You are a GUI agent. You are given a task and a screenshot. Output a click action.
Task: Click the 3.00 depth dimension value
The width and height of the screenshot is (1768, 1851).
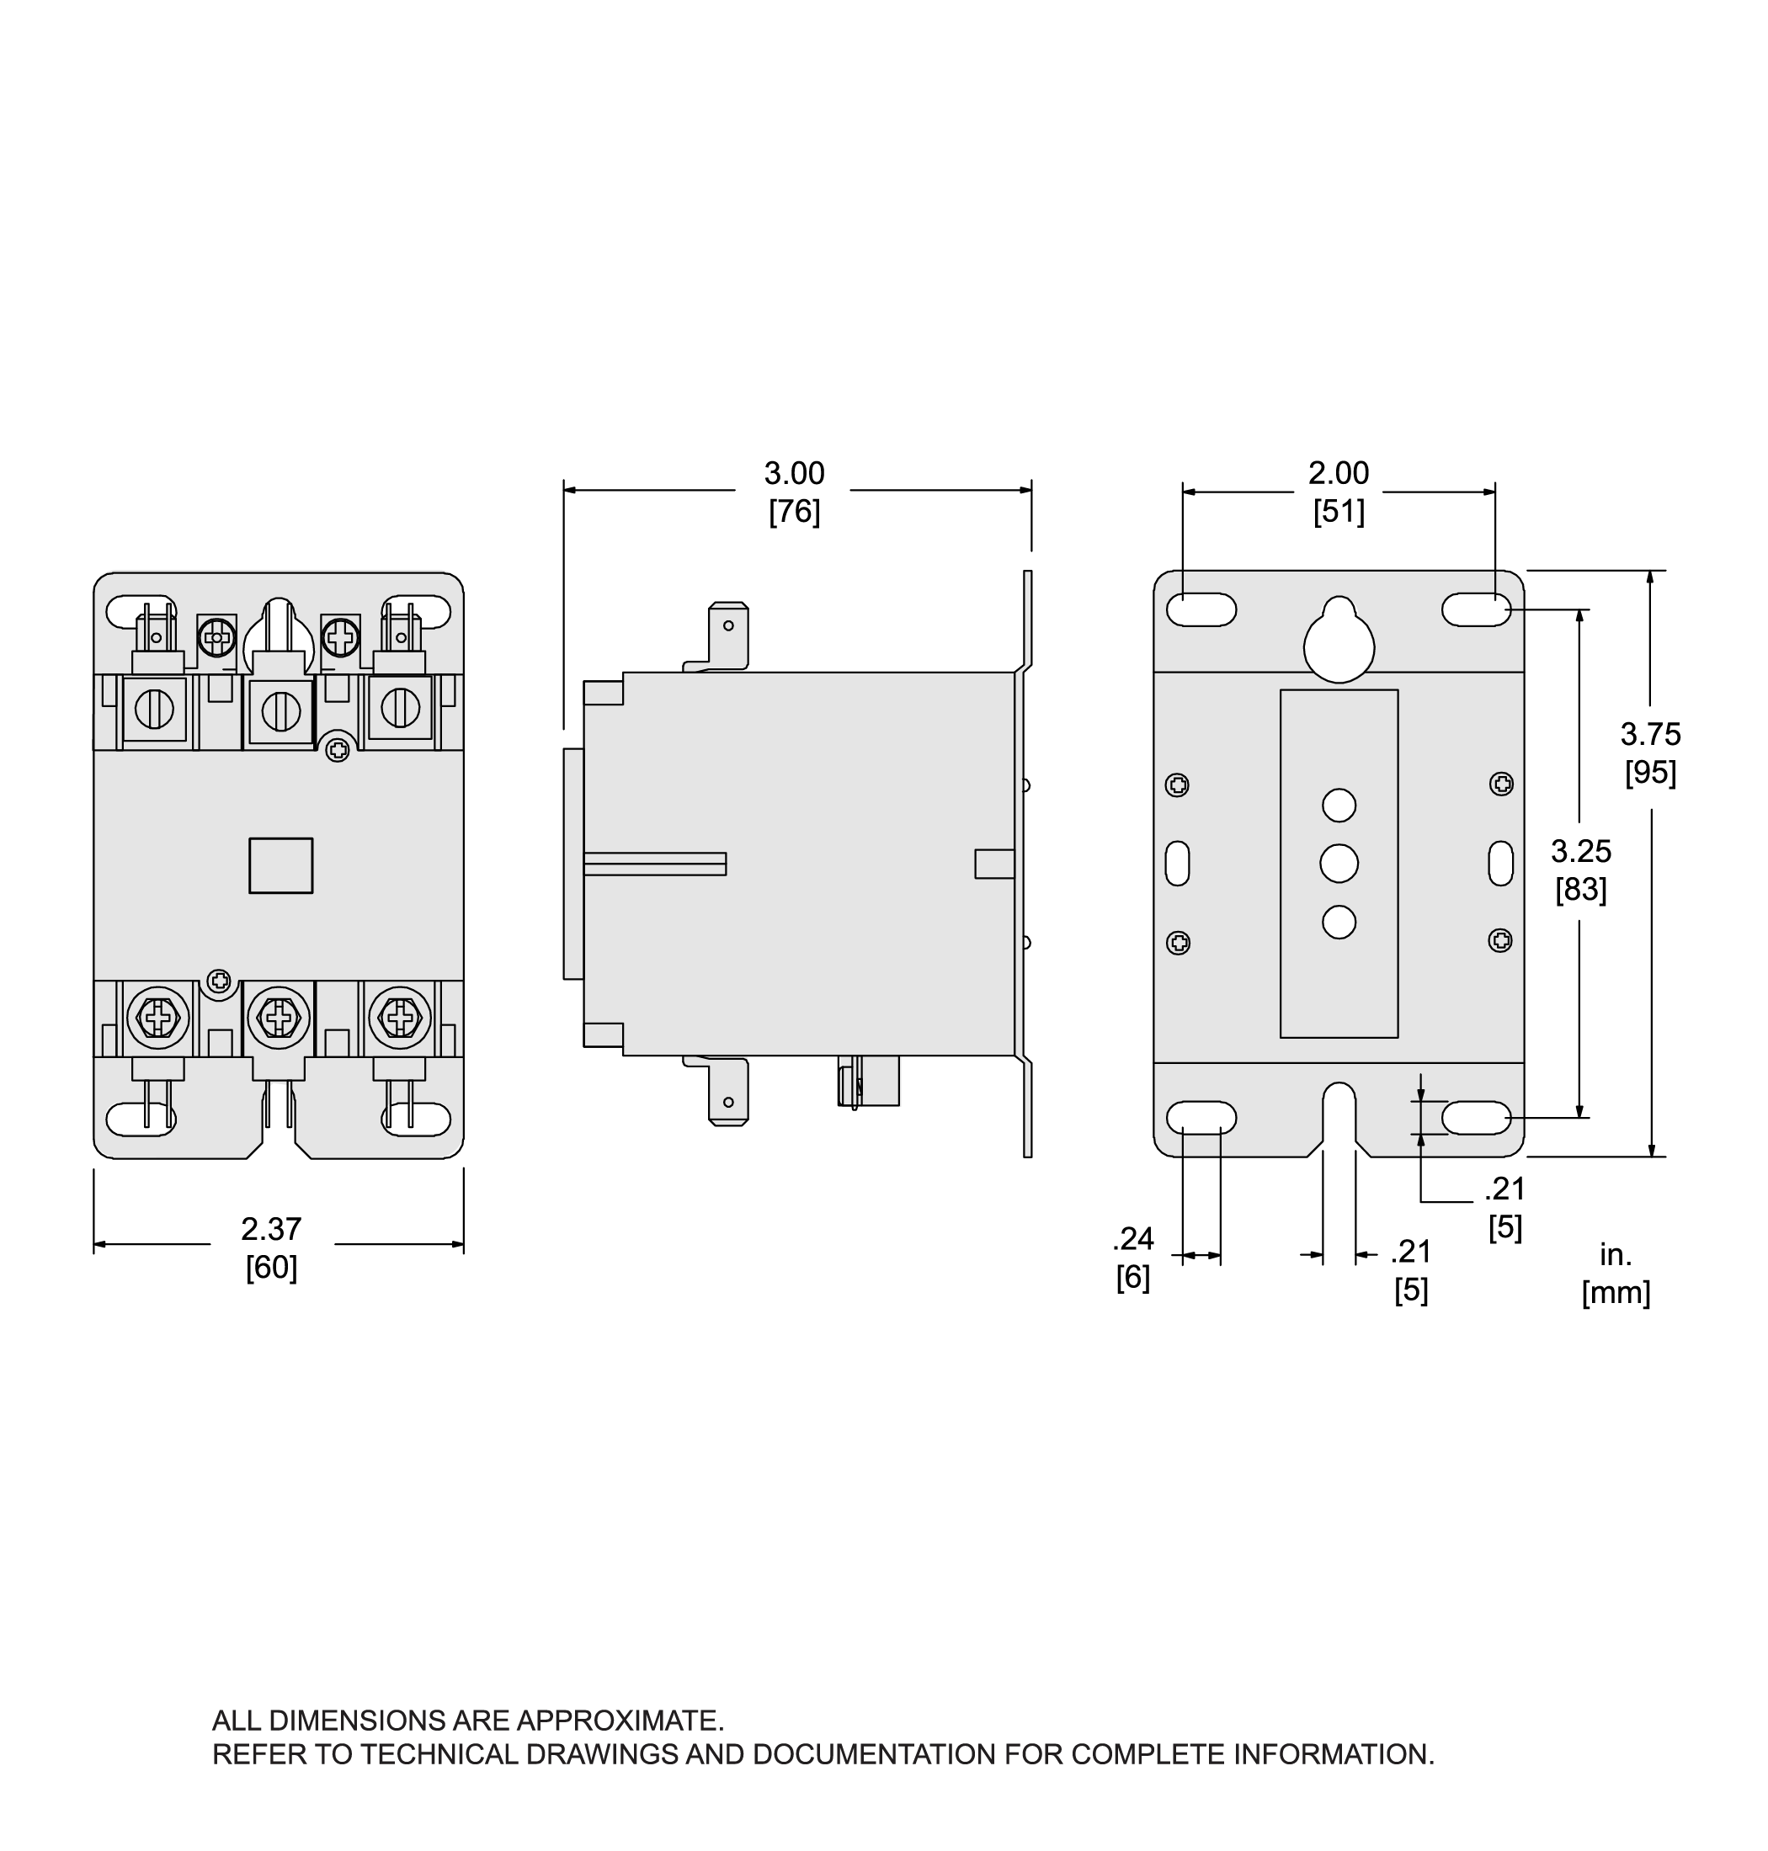coord(794,473)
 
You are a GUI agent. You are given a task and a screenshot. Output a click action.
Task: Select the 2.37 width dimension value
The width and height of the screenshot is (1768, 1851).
coord(271,1229)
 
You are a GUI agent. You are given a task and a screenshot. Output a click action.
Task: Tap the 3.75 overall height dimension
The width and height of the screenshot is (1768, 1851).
coord(1650,734)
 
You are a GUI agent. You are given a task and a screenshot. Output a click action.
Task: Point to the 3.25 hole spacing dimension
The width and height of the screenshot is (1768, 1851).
coord(1580,851)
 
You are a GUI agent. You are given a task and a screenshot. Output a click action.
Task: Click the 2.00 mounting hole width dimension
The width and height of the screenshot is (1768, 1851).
coord(1339,473)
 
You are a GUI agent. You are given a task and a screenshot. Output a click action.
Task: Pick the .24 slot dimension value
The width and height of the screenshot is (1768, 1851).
coord(1133,1237)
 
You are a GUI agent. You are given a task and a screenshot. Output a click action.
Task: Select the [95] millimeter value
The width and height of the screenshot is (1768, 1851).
coord(1650,773)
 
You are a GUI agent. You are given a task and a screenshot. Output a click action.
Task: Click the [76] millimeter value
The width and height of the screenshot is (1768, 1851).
coord(794,512)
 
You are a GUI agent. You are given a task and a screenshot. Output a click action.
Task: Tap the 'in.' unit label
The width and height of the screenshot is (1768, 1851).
coord(1616,1254)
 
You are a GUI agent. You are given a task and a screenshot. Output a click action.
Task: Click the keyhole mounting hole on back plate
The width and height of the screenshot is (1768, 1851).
coord(1339,640)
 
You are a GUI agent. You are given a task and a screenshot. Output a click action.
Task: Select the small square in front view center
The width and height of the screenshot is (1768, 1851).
coord(281,865)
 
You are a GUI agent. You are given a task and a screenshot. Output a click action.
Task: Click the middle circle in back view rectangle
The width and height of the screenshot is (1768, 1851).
coord(1339,864)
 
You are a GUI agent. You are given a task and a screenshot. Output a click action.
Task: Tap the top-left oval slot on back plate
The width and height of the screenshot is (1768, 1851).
coord(1201,609)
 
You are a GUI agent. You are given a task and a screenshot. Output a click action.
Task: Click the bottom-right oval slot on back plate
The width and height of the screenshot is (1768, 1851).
coord(1476,1118)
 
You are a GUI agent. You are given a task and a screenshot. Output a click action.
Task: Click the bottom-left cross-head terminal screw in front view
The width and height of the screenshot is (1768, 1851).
coord(157,1017)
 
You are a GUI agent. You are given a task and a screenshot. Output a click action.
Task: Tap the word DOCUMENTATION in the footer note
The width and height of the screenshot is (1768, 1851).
coord(874,1755)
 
